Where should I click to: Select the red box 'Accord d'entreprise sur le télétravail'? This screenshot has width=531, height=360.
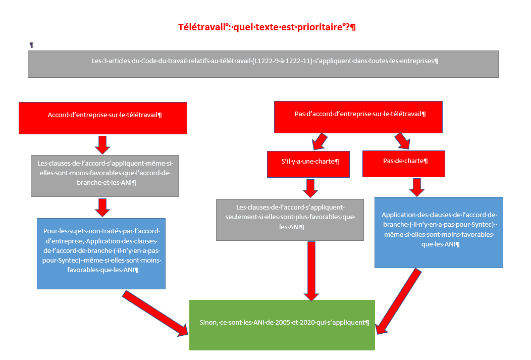(103, 118)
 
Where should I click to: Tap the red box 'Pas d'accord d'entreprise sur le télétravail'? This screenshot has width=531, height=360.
(358, 117)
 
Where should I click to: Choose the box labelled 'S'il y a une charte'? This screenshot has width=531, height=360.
(308, 164)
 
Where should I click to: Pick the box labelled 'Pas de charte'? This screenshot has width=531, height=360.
(404, 164)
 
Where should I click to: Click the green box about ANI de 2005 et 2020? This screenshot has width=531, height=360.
(282, 325)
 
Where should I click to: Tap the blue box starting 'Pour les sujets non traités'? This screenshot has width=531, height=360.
(101, 253)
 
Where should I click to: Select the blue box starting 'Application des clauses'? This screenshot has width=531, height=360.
(439, 233)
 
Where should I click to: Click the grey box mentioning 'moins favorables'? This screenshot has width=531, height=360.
(104, 176)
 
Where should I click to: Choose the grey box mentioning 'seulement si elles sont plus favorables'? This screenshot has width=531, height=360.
(290, 220)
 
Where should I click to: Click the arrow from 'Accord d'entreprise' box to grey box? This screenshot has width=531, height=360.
(102, 145)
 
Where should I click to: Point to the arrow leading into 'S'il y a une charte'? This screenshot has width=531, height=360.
(320, 141)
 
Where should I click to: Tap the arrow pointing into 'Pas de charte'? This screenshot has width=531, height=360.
(403, 141)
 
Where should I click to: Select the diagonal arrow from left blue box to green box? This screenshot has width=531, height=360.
(155, 313)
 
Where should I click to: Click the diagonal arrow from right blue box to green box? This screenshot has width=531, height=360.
(399, 301)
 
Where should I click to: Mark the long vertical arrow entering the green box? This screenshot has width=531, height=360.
(311, 271)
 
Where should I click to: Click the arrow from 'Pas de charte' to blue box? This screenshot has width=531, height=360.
(417, 187)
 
